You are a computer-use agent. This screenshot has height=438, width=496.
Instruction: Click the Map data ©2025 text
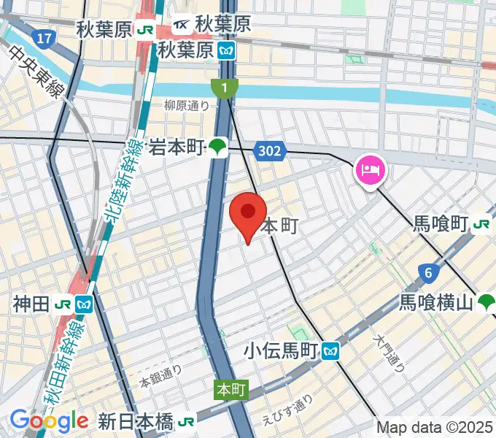[x=435, y=427]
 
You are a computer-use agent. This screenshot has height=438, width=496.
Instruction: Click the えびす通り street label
[x=287, y=411]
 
